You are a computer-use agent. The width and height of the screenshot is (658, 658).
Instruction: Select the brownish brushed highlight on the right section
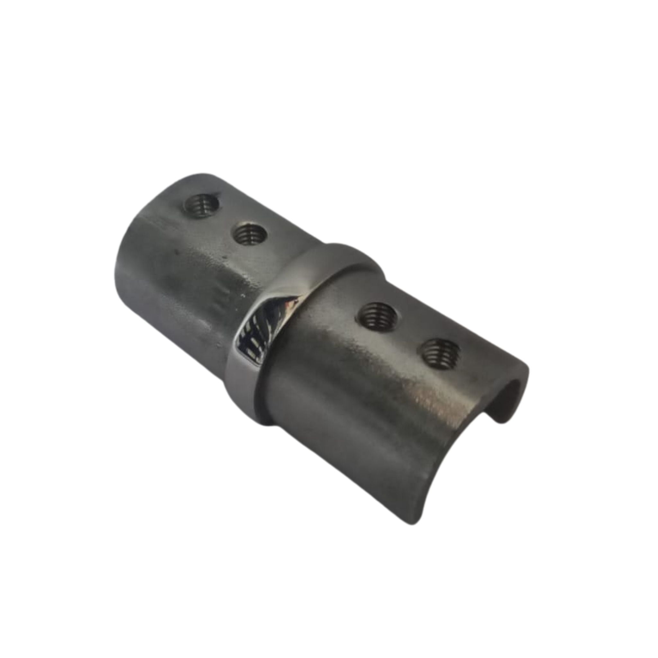[426, 405]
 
